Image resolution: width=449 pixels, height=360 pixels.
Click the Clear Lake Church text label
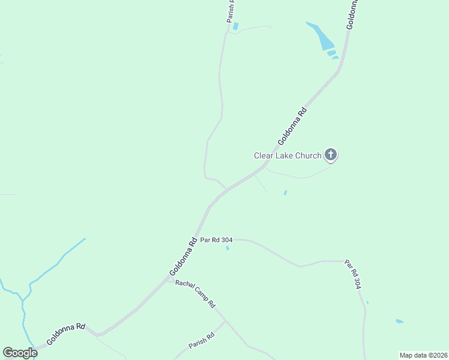pos(288,156)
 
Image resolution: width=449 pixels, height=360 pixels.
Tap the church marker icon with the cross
pos(330,155)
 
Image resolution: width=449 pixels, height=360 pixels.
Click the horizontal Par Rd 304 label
pos(217,240)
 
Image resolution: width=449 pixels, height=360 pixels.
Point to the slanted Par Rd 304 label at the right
pos(353,275)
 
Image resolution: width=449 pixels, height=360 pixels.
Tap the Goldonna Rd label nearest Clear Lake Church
pos(292,126)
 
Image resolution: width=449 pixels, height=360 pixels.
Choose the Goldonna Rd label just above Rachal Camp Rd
pos(184,258)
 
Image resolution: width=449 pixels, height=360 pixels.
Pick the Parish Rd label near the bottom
pos(202,341)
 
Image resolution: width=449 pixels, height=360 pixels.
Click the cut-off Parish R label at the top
pos(231,11)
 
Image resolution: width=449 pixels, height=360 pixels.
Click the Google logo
pos(20,353)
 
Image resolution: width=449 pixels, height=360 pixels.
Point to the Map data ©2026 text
pos(423,355)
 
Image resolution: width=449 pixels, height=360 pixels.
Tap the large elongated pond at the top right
pos(322,37)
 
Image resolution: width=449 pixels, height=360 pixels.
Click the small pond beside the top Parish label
pos(235,26)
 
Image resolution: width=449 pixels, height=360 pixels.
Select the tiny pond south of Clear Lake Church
pos(285,193)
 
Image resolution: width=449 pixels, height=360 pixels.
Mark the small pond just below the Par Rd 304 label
pos(228,248)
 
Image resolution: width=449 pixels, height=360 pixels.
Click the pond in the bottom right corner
pos(400,322)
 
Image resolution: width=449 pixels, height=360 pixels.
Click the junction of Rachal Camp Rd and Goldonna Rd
pos(170,279)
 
